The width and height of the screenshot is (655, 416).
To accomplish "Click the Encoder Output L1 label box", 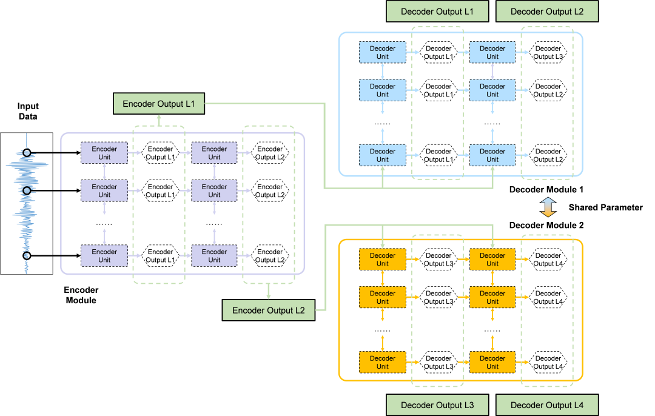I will click(x=159, y=104).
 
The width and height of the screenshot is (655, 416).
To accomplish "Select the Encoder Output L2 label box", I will click(x=268, y=310).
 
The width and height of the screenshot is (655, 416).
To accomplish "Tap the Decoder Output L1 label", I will click(x=437, y=12).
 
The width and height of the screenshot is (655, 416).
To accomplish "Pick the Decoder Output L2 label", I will click(x=546, y=12).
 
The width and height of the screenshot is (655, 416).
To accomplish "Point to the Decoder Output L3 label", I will click(x=437, y=405).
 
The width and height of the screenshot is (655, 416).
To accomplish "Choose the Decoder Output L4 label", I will click(x=546, y=405).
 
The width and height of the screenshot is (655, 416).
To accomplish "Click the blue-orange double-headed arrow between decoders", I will click(x=548, y=207).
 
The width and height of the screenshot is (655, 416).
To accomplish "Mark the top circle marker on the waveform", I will click(x=27, y=153).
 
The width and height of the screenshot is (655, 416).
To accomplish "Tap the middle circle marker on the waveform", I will click(x=27, y=190).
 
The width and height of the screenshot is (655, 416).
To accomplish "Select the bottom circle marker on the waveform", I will click(x=27, y=256).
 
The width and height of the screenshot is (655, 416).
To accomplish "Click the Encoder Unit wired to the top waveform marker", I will click(x=104, y=153).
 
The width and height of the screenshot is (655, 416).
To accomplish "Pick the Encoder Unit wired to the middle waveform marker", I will click(x=104, y=190).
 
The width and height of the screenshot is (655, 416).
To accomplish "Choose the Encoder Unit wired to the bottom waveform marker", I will click(x=104, y=256).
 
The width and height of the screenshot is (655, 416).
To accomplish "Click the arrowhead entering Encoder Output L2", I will click(x=268, y=297).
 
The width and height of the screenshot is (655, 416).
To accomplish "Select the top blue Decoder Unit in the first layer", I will click(x=382, y=52).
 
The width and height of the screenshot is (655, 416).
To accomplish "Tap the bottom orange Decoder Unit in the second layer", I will click(x=492, y=362).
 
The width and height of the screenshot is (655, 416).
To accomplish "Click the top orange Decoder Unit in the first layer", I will click(x=382, y=259).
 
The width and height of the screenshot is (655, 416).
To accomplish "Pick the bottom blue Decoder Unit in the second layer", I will click(x=492, y=155).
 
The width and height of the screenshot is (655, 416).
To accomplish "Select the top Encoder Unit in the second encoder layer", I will click(x=214, y=153).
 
